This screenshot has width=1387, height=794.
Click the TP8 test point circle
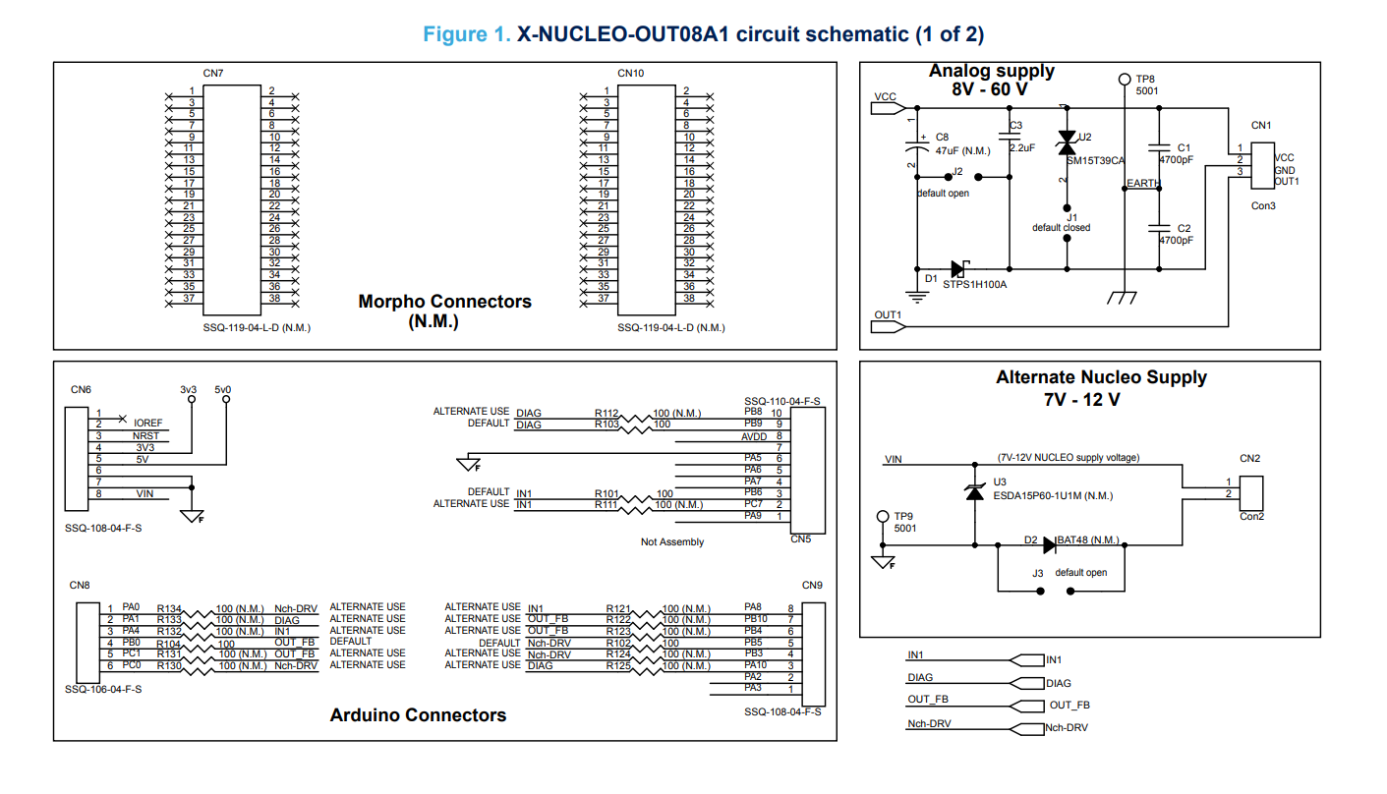click(x=1125, y=80)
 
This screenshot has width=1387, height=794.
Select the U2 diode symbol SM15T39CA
click(x=1067, y=142)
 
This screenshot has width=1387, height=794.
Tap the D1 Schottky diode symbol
click(x=959, y=268)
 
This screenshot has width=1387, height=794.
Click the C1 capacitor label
click(x=1184, y=148)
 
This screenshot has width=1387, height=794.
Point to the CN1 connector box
click(x=1262, y=166)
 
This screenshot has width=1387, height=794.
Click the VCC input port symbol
click(x=889, y=108)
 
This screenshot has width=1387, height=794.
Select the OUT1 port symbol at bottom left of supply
click(x=889, y=326)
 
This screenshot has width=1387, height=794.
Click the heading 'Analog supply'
click(x=991, y=71)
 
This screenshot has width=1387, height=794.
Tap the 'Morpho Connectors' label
click(x=444, y=302)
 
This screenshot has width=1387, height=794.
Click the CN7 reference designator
click(x=213, y=73)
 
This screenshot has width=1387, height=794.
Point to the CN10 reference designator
click(x=630, y=73)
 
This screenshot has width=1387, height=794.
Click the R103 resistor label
click(x=607, y=424)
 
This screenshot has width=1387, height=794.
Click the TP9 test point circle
click(x=883, y=516)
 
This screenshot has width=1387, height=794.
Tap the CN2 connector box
click(x=1251, y=493)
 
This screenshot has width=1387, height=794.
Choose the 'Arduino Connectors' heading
click(x=418, y=714)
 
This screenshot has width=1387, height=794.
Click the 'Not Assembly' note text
click(x=671, y=542)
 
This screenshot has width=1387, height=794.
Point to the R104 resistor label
click(x=168, y=644)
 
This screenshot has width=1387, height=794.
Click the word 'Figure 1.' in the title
click(x=467, y=34)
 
